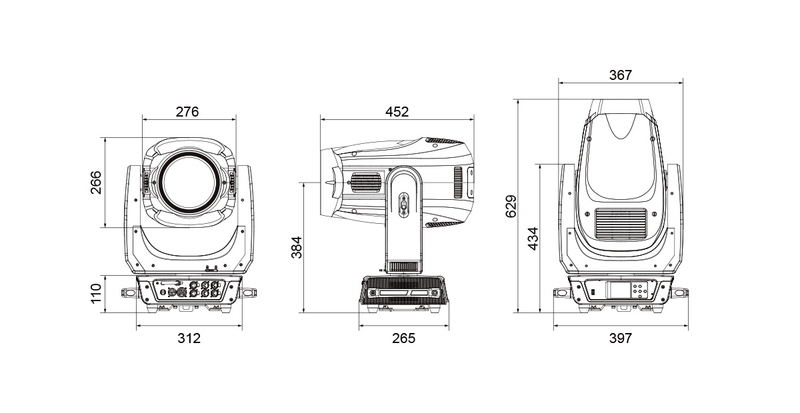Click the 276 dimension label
pyautogui.click(x=187, y=112)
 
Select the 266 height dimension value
pyautogui.click(x=96, y=183)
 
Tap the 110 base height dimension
pyautogui.click(x=96, y=293)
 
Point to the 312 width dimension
pyautogui.click(x=189, y=338)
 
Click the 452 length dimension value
pyautogui.click(x=397, y=112)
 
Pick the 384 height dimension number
pyautogui.click(x=297, y=247)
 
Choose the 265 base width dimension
pyautogui.click(x=403, y=338)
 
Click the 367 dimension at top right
pyautogui.click(x=621, y=75)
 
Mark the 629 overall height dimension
pyautogui.click(x=511, y=206)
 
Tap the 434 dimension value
pyautogui.click(x=533, y=238)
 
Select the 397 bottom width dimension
pyautogui.click(x=621, y=338)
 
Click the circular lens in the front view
pyautogui.click(x=189, y=183)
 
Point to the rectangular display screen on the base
pyautogui.click(x=617, y=290)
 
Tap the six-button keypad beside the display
pyautogui.click(x=639, y=290)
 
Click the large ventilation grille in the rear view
pyautogui.click(x=621, y=224)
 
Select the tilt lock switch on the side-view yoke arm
pyautogui.click(x=404, y=205)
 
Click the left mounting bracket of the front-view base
pyautogui.click(x=130, y=293)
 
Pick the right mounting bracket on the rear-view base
pyautogui.click(x=679, y=293)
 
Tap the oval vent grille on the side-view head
pyautogui.click(x=365, y=183)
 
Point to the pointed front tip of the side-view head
pyautogui.click(x=325, y=183)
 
